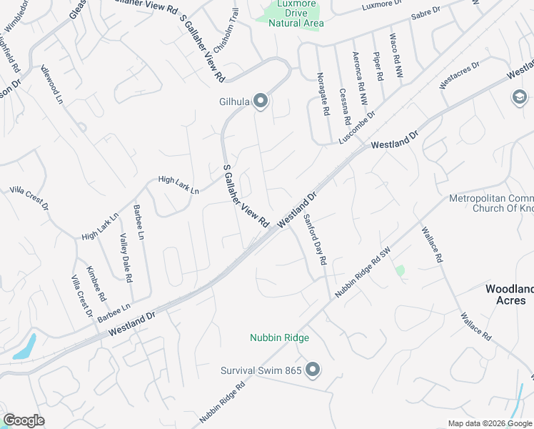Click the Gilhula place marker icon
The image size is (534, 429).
click(261, 102)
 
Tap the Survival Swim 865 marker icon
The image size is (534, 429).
click(312, 370)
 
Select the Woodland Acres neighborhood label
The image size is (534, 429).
click(510, 295)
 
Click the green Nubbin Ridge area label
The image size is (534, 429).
click(278, 337)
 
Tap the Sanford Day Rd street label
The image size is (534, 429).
click(315, 240)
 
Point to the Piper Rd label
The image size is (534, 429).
click(378, 66)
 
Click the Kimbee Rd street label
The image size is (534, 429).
click(95, 283)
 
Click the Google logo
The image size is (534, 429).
click(24, 420)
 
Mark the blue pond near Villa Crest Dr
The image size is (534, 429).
click(24, 346)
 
